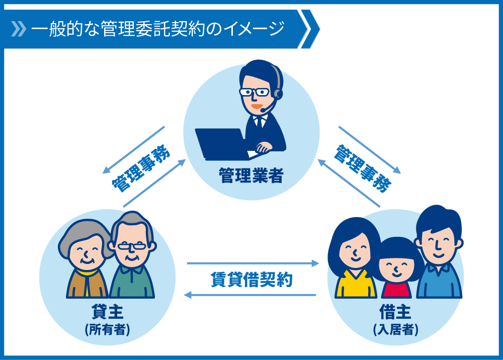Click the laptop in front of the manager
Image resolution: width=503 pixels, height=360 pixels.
tap(221, 144)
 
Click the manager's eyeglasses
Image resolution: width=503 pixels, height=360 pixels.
tap(255, 93)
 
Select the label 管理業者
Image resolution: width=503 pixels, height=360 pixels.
tap(251, 175)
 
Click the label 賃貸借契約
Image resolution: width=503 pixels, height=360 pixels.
tap(251, 280)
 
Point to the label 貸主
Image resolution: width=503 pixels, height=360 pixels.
tap(107, 312)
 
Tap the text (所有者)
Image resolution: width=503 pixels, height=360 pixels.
tap(107, 329)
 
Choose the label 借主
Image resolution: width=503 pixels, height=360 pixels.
tap(395, 312)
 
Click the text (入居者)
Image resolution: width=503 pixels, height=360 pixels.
tap(395, 329)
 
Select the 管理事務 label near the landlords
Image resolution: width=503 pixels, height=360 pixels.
tap(141, 168)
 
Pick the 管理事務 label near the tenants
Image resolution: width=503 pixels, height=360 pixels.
tap(363, 168)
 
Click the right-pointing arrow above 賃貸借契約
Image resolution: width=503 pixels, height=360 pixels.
tap(253, 263)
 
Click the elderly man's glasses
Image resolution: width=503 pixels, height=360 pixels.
tap(132, 246)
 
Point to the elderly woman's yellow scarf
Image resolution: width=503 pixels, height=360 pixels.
tap(87, 276)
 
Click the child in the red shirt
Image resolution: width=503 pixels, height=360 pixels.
tap(396, 267)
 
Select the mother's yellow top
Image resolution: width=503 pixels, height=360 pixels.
tap(356, 285)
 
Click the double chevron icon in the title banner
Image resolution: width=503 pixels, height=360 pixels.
tap(19, 29)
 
